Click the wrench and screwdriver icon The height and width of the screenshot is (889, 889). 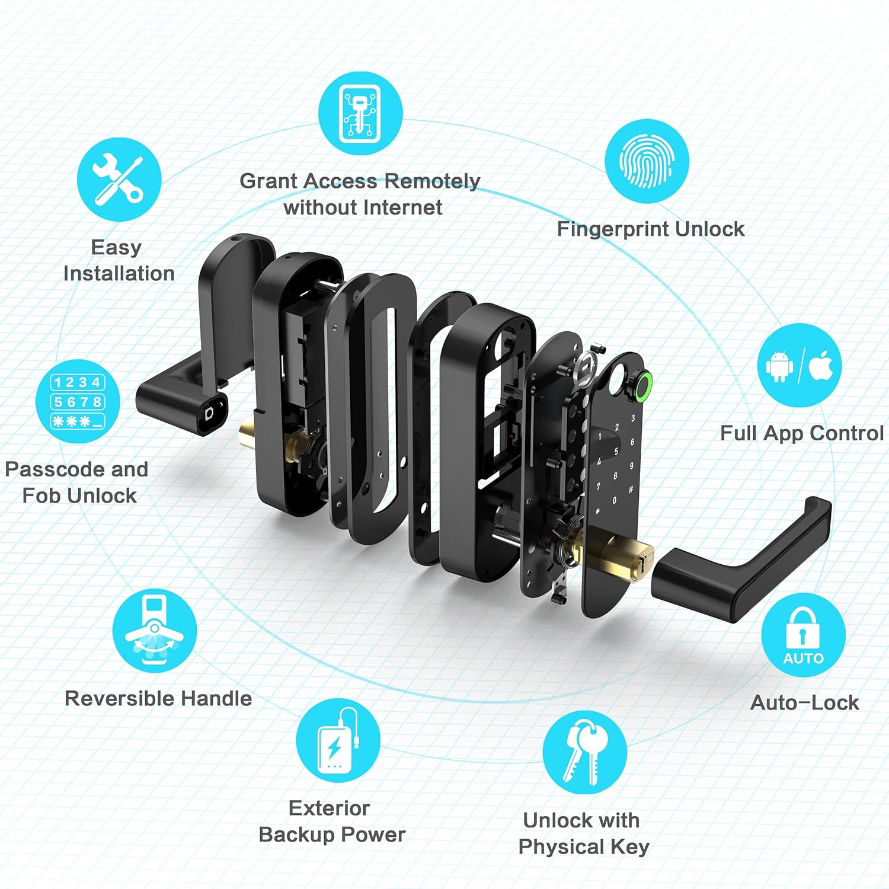click(x=119, y=180)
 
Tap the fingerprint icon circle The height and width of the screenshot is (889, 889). click(x=647, y=161)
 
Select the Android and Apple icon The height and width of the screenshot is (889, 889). click(x=800, y=366)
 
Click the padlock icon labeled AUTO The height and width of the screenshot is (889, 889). click(x=803, y=635)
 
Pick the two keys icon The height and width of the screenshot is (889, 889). click(x=584, y=752)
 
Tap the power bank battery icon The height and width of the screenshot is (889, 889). click(x=338, y=740)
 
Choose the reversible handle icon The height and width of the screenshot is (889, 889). click(x=155, y=631)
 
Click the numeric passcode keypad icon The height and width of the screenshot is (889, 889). click(x=78, y=401)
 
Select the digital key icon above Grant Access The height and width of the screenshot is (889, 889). click(x=360, y=113)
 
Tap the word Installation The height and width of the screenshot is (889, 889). click(x=119, y=273)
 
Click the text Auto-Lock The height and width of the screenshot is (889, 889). click(x=804, y=702)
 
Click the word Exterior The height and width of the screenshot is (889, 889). click(x=329, y=808)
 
